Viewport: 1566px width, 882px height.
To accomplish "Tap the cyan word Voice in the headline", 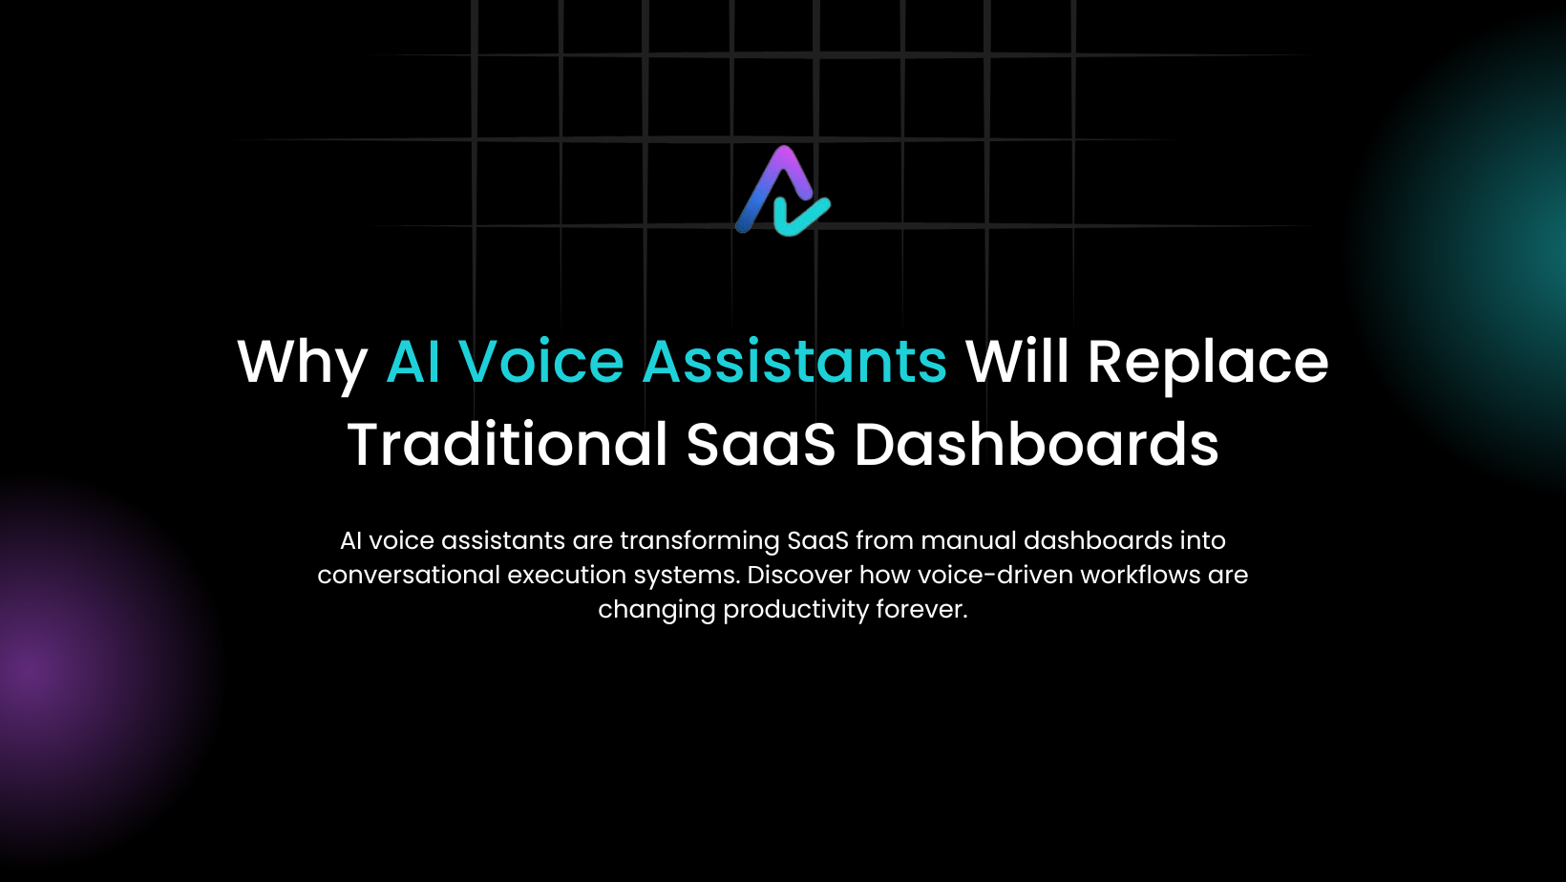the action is point(541,362).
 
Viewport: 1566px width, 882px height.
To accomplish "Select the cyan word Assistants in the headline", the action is point(794,361).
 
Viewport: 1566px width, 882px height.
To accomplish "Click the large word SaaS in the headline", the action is point(761,444).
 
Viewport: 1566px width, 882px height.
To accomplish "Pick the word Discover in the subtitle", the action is point(800,575).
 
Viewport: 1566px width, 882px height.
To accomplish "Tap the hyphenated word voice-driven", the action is point(995,575).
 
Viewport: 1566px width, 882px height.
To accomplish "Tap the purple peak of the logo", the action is point(785,157).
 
